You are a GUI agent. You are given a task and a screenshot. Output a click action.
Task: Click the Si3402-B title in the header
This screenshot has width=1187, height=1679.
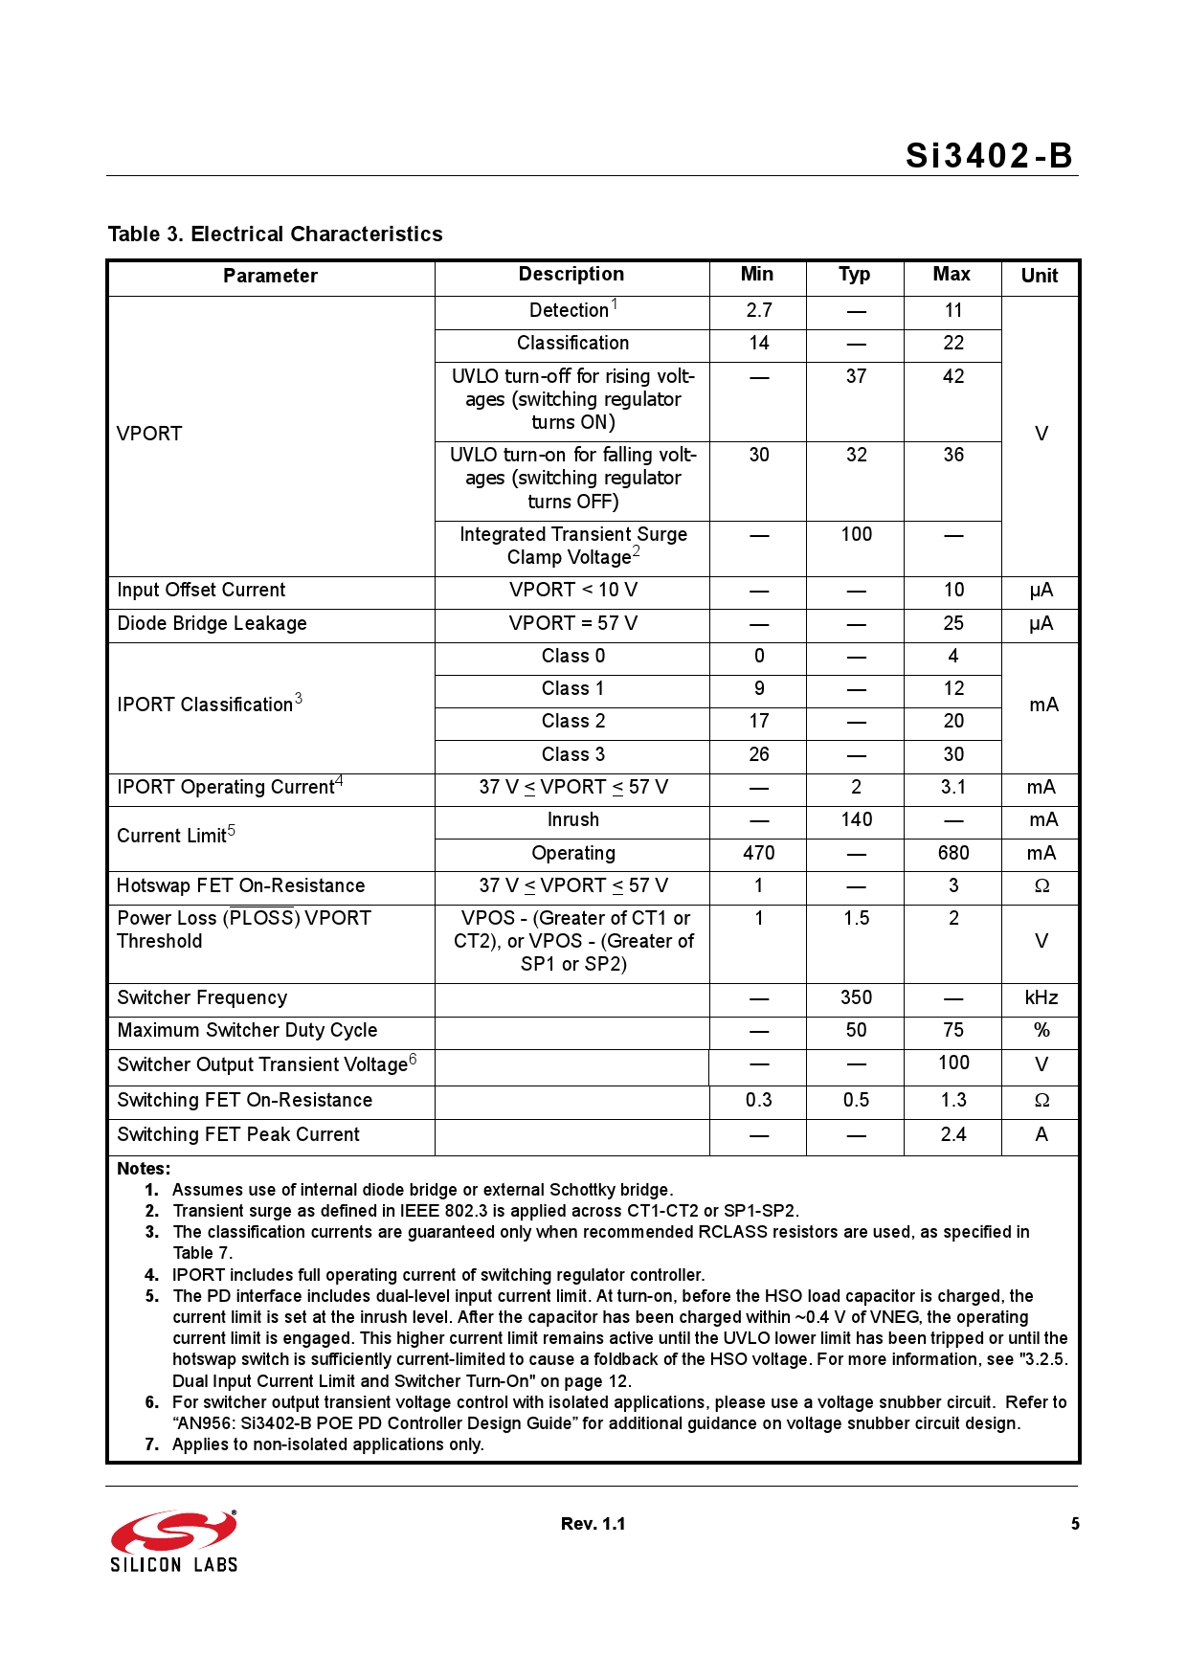click(x=989, y=156)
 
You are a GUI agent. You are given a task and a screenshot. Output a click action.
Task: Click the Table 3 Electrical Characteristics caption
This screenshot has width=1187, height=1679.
click(x=275, y=235)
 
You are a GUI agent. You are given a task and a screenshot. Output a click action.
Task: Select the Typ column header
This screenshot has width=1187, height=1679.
click(x=854, y=275)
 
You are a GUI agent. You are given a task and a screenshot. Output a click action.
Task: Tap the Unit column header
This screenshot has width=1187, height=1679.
click(x=1039, y=276)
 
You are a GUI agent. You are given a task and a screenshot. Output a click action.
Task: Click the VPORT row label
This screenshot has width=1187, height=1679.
click(x=149, y=434)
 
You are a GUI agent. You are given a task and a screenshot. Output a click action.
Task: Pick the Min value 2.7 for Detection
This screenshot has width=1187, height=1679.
click(x=758, y=310)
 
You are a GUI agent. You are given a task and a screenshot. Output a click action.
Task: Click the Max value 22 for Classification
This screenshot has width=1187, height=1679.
click(x=952, y=343)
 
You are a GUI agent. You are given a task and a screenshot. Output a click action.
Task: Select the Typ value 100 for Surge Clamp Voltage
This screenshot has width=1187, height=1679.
click(x=856, y=534)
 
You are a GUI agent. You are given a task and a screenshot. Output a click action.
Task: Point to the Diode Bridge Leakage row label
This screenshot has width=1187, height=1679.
click(x=212, y=623)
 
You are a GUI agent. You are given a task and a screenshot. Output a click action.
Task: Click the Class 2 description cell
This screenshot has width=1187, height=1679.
click(x=572, y=721)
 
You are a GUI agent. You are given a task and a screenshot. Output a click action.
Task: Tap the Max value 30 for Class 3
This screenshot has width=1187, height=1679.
click(x=952, y=754)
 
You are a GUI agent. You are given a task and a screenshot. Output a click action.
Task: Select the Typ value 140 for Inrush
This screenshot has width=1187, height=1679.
click(x=856, y=819)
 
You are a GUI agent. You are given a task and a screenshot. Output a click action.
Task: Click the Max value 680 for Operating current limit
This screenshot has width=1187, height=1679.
click(x=952, y=853)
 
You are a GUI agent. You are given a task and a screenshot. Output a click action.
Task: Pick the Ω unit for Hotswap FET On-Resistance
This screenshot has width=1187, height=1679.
click(x=1041, y=886)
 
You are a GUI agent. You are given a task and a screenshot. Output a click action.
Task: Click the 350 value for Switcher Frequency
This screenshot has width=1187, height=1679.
click(x=856, y=997)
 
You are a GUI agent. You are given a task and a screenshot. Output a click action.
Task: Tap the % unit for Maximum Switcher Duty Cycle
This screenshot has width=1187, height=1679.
click(x=1041, y=1030)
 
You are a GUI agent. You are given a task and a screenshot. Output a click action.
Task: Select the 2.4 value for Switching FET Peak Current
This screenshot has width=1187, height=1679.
click(x=952, y=1134)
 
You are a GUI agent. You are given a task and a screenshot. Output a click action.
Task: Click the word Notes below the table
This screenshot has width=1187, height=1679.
click(x=144, y=1169)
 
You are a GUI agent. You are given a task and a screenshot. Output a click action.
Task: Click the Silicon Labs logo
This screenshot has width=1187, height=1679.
click(x=173, y=1540)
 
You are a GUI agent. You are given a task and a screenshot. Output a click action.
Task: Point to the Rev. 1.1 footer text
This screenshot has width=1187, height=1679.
click(x=593, y=1524)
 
